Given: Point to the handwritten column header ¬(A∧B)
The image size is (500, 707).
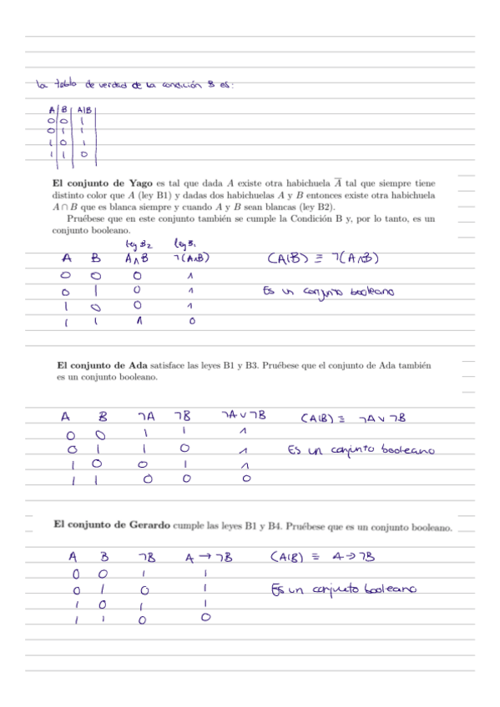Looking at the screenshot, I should (192, 258).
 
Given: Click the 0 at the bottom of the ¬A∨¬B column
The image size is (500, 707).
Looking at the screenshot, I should (245, 479).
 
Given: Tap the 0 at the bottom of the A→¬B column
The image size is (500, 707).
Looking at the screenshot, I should (205, 618).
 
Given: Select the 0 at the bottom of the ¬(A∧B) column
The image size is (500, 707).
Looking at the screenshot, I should (192, 321).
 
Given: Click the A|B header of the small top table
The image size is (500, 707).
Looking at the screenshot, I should (84, 109).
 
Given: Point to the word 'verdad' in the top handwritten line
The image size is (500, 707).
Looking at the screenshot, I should (109, 85).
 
